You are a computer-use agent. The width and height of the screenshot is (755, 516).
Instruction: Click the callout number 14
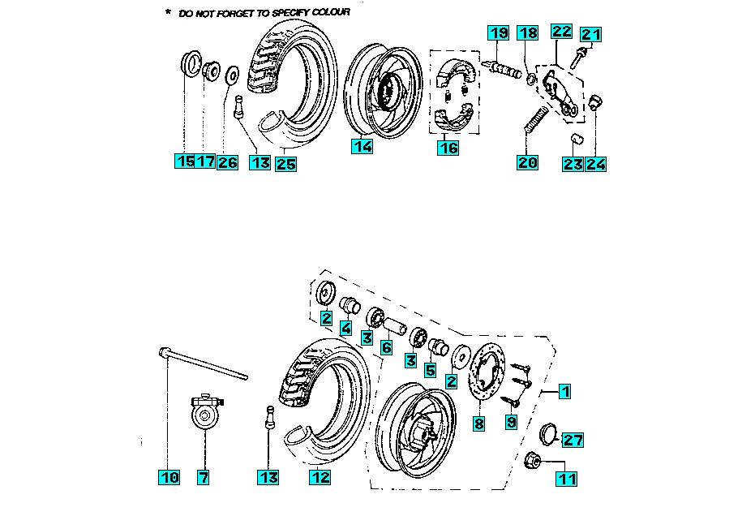pos(362,147)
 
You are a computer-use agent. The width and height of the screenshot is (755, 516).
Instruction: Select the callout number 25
pos(285,163)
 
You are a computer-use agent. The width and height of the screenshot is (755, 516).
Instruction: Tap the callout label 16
pos(448,147)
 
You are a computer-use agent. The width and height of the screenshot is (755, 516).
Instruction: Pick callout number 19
pos(498,33)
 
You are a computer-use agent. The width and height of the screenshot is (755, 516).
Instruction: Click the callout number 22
pos(561,32)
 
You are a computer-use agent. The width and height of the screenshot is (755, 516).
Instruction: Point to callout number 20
pos(527,162)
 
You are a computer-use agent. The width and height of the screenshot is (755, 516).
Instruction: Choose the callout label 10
pos(169,478)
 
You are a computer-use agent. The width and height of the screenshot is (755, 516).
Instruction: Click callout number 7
pos(203,478)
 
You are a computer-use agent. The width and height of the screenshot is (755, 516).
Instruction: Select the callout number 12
pos(320,478)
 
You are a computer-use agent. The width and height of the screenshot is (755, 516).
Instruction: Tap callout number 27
pos(573,440)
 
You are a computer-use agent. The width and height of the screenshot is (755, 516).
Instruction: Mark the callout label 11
pos(567,478)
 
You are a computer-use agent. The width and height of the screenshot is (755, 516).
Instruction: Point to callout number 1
pos(565,391)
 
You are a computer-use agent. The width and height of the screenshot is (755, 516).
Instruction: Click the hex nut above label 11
pos(536,458)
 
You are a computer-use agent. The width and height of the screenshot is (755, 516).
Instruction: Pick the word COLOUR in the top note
pos(326,13)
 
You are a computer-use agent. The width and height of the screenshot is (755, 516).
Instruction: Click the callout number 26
pos(227,162)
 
